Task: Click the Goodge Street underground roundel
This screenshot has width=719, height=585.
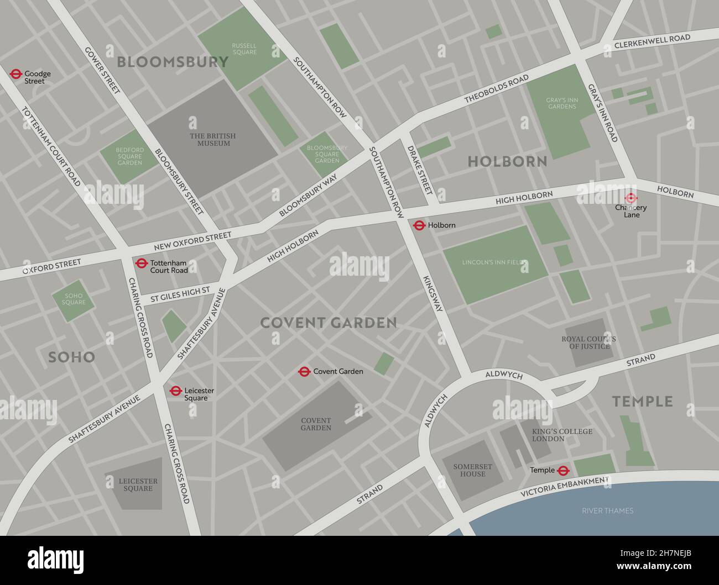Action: (x=15, y=73)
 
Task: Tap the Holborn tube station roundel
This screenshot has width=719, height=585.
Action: (x=419, y=225)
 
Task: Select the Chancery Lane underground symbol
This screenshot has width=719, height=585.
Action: (x=631, y=198)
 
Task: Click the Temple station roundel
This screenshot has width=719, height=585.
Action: (x=563, y=470)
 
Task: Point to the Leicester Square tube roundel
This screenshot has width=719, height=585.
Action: (x=176, y=391)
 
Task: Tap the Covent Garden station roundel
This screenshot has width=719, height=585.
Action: (x=304, y=371)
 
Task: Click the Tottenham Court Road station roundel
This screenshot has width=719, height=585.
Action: (x=141, y=263)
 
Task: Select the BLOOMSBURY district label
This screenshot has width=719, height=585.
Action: (x=173, y=62)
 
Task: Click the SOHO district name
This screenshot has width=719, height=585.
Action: (x=71, y=357)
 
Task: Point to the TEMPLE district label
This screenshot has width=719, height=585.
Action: (x=642, y=401)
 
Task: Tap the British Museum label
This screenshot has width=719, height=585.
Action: (x=213, y=140)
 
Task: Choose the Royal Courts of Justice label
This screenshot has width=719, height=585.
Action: (x=588, y=342)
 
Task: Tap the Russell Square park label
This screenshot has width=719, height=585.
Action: (x=244, y=49)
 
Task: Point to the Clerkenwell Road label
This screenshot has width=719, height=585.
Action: (x=652, y=41)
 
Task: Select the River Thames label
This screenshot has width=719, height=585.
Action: (x=607, y=510)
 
